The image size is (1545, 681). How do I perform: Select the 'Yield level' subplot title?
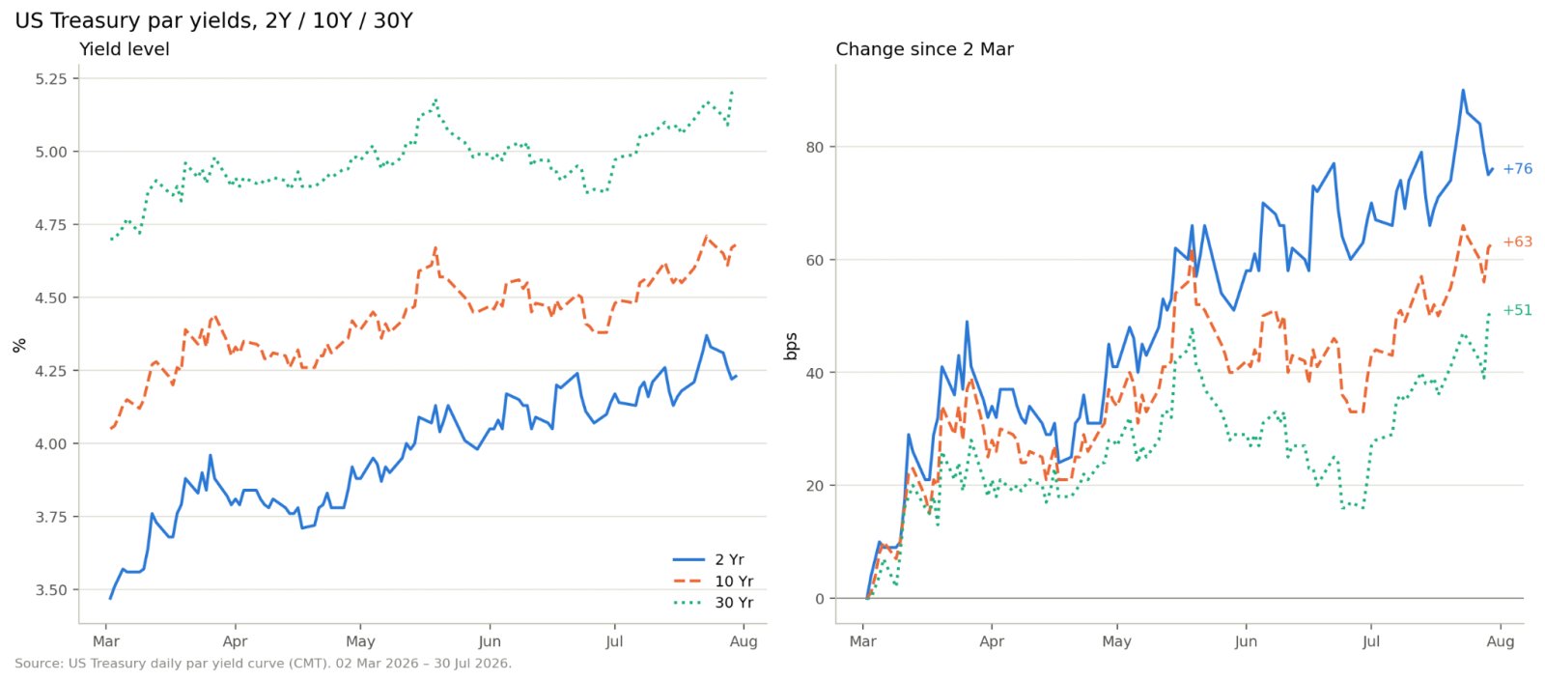click(x=125, y=49)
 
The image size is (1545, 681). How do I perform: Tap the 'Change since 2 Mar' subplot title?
click(x=924, y=49)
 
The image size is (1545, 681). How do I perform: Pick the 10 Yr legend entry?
click(x=714, y=581)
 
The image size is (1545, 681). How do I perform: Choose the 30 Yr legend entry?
click(x=714, y=603)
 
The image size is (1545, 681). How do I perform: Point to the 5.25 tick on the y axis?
click(x=52, y=79)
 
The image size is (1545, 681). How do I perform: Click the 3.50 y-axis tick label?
click(x=52, y=590)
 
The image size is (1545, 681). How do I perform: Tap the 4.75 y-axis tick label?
click(x=52, y=225)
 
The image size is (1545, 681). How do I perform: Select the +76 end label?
click(x=1517, y=169)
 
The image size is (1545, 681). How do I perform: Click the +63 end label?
click(x=1517, y=242)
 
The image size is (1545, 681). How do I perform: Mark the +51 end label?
click(x=1517, y=310)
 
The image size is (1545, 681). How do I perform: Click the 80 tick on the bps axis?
click(x=815, y=147)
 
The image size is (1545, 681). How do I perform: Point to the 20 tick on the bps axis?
click(x=815, y=486)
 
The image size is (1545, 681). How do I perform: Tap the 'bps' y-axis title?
click(x=791, y=347)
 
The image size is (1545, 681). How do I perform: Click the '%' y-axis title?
click(x=19, y=346)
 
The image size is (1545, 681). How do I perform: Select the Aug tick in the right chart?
click(x=1501, y=641)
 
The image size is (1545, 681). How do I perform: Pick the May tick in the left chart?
click(x=360, y=641)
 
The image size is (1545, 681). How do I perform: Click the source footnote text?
click(x=263, y=664)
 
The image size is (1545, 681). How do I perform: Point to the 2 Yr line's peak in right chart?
click(x=1463, y=91)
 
